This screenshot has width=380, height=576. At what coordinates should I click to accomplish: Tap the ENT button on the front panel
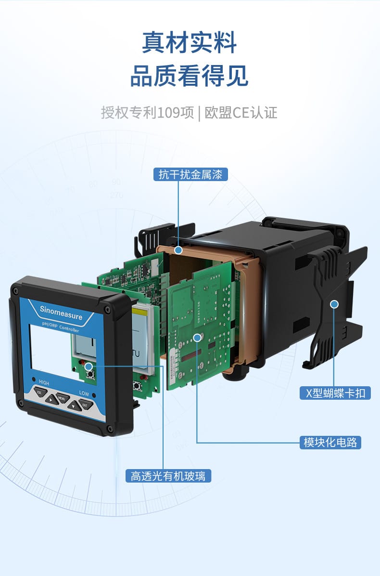pyautogui.click(x=85, y=405)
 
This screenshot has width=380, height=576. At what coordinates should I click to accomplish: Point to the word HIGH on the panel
pyautogui.click(x=44, y=383)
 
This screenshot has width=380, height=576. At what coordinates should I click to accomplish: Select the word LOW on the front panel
pyautogui.click(x=84, y=393)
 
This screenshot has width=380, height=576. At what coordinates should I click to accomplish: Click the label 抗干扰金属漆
pyautogui.click(x=190, y=174)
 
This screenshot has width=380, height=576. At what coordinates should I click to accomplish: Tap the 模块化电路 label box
pyautogui.click(x=330, y=442)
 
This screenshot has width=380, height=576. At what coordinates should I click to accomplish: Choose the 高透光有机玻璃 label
pyautogui.click(x=168, y=476)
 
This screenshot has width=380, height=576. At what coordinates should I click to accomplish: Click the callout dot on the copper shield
pyautogui.click(x=178, y=250)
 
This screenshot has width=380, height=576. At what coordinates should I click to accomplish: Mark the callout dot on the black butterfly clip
pyautogui.click(x=334, y=304)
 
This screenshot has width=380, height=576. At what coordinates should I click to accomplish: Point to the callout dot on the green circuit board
pyautogui.click(x=197, y=338)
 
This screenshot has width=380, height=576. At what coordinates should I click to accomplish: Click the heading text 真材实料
pyautogui.click(x=190, y=42)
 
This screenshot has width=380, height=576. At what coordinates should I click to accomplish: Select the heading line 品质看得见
pyautogui.click(x=190, y=76)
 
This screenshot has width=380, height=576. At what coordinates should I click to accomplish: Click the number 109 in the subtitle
pyautogui.click(x=168, y=113)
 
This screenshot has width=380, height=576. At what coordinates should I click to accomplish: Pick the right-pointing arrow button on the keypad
pyautogui.click(x=51, y=399)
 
